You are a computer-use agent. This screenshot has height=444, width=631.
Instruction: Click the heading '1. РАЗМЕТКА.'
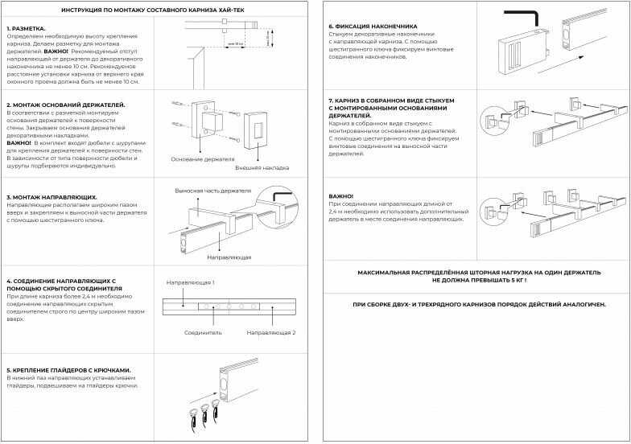tap(27, 27)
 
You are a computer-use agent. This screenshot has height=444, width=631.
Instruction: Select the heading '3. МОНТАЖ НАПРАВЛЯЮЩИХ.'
tap(52, 196)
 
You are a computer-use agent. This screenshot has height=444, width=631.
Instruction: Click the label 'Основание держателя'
tap(196, 159)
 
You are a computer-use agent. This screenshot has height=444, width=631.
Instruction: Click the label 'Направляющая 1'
tap(190, 283)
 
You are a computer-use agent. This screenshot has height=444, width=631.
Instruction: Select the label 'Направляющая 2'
tap(271, 332)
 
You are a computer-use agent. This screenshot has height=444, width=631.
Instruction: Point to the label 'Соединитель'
tap(203, 332)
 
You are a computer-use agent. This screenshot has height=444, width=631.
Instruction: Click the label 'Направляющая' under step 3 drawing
tap(229, 257)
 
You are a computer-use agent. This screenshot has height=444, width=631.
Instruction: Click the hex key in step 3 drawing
tap(281, 197)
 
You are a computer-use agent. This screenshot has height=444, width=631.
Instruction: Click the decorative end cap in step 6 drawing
tap(519, 51)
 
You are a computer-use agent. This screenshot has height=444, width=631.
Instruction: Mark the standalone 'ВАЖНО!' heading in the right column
tap(341, 196)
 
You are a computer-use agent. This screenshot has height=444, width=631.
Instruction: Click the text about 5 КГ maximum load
tap(479, 277)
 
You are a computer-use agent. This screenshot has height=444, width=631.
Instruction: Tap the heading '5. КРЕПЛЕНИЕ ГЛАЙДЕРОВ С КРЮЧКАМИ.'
tap(68, 370)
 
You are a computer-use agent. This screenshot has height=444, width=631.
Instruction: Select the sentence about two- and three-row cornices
tap(479, 305)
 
